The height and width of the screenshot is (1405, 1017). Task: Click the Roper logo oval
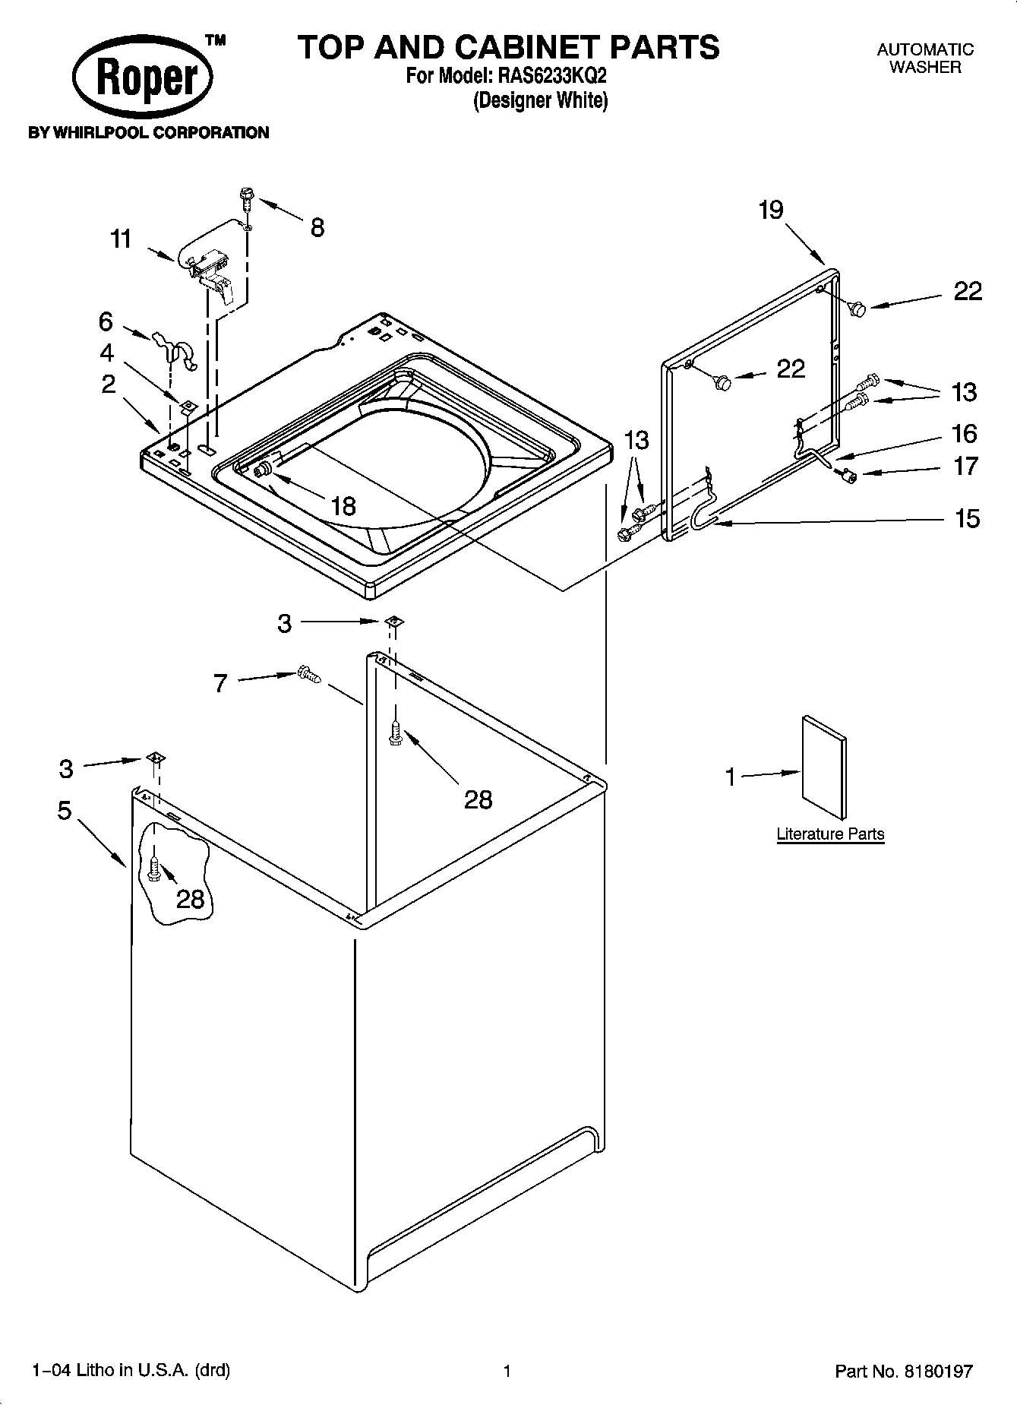(x=142, y=78)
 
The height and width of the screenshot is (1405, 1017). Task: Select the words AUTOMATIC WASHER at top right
(x=924, y=59)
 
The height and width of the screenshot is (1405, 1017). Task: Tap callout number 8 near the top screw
(x=317, y=227)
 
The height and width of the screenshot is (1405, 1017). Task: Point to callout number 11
(x=121, y=239)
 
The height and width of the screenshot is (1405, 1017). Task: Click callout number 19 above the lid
(x=770, y=210)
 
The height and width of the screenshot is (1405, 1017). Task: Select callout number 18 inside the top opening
(x=344, y=505)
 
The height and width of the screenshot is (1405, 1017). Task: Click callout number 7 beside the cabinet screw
(x=220, y=684)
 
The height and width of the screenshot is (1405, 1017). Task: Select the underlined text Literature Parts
(x=830, y=834)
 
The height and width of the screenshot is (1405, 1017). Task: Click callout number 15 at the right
(x=967, y=519)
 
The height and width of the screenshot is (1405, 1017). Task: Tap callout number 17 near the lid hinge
(x=965, y=466)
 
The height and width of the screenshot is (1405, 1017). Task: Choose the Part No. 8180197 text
(x=903, y=1372)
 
